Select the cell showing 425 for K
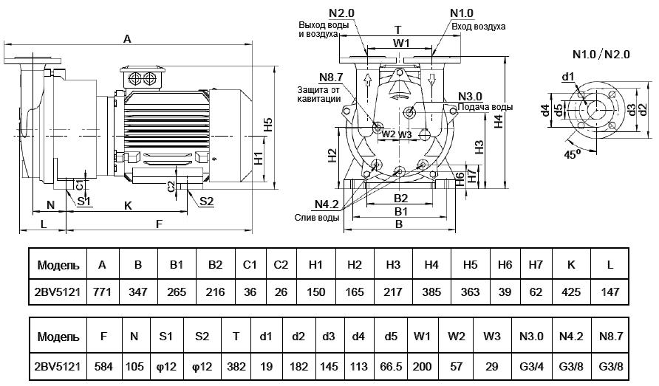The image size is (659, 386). pyautogui.click(x=572, y=292)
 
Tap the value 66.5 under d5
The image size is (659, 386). pyautogui.click(x=389, y=365)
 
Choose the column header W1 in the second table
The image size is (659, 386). pyautogui.click(x=422, y=337)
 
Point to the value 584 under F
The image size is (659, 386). pyautogui.click(x=104, y=365)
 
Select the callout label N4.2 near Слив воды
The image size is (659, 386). pyautogui.click(x=326, y=205)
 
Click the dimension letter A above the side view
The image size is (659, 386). pyautogui.click(x=127, y=39)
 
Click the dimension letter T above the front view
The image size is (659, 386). pyautogui.click(x=398, y=30)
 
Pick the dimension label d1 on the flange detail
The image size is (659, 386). pyautogui.click(x=567, y=76)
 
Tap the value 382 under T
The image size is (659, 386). pyautogui.click(x=236, y=365)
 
